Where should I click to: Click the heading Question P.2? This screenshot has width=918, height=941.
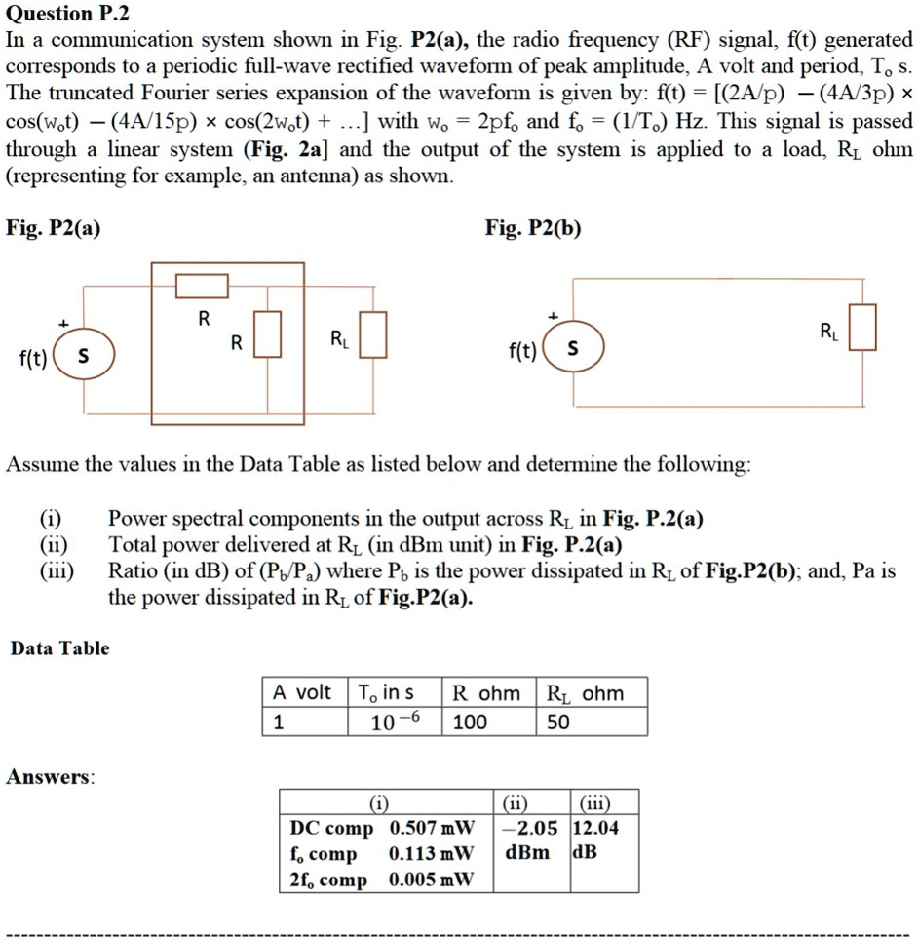click(x=67, y=14)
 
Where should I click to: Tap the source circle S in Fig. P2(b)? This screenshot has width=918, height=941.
click(x=572, y=347)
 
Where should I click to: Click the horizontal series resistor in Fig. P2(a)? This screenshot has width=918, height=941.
click(x=202, y=286)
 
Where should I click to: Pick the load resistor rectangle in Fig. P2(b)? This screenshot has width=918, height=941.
click(x=862, y=327)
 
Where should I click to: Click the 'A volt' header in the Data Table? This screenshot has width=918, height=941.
click(x=302, y=693)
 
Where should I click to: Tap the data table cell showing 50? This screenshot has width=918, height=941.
click(x=558, y=722)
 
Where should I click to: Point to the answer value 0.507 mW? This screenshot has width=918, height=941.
click(x=431, y=828)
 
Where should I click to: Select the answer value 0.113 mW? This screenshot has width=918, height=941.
click(x=431, y=854)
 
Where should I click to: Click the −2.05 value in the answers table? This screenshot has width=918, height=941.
click(x=531, y=828)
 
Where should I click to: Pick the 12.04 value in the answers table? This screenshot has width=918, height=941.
click(x=595, y=828)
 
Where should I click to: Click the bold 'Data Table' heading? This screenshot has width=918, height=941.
click(x=59, y=648)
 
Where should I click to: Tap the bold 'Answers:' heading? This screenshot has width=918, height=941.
click(x=51, y=777)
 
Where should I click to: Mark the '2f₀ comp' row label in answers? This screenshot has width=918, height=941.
click(x=328, y=881)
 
